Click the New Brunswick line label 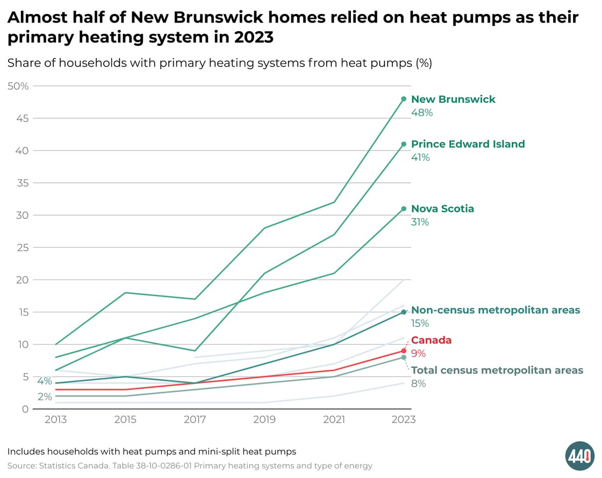coord(453,99)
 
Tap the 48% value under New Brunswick coord(421,113)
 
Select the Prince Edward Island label coord(468,144)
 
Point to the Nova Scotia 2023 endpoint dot coord(404,209)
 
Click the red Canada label coord(431,340)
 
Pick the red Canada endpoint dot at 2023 coord(404,351)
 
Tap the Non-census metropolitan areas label coord(495,310)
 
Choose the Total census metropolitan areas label coord(497,370)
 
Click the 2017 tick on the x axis coord(195,419)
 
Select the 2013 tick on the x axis coord(56,419)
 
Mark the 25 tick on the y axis coord(22,247)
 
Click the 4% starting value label coord(45,381)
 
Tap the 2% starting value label coord(45,397)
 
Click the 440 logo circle coord(579,456)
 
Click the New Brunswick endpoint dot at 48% coord(404,99)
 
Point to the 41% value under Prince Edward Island coord(420,158)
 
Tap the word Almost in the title coord(34,17)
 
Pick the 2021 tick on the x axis coord(334,419)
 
